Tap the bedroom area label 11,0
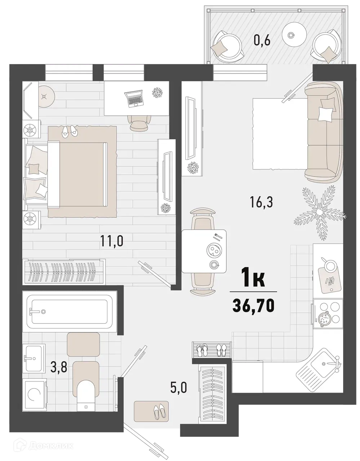tap(112, 240)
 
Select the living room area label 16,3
tap(262, 202)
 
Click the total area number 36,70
tap(254, 305)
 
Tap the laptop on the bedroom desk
tap(133, 98)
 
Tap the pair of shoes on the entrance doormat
tap(159, 411)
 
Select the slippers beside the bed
tap(69, 130)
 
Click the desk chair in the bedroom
tap(139, 123)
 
